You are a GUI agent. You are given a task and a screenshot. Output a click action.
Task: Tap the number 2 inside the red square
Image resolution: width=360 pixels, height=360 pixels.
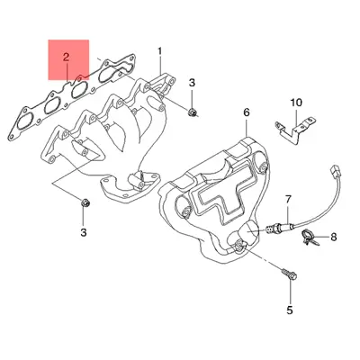point(66,58)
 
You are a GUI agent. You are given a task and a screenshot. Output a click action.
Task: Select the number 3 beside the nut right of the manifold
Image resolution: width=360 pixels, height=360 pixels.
point(192,83)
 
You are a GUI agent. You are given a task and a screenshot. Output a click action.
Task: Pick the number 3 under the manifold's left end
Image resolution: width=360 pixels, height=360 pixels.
point(84,234)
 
